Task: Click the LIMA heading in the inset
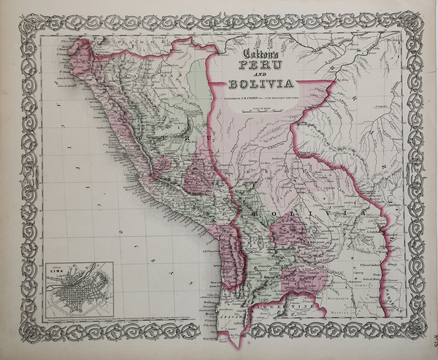[58, 269]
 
